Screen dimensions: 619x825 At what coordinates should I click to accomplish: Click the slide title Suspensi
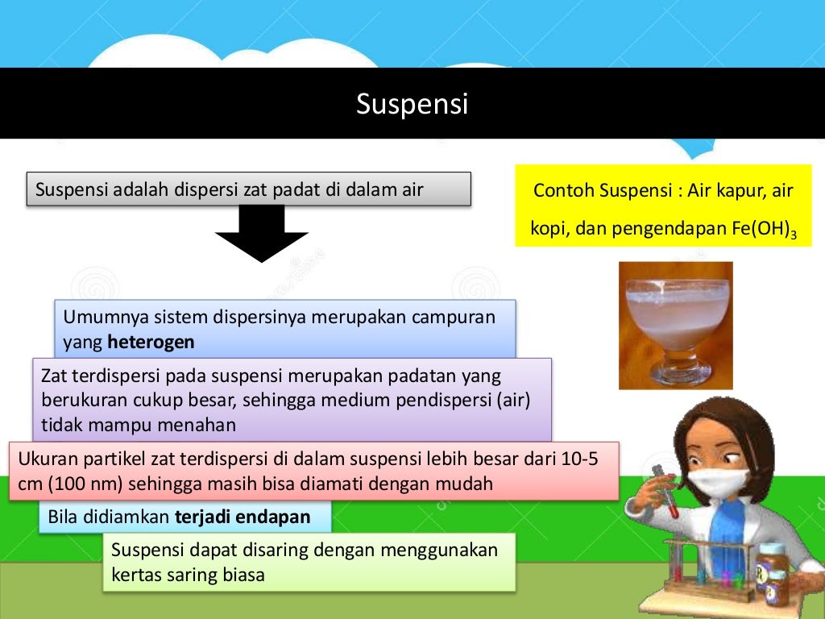point(412,104)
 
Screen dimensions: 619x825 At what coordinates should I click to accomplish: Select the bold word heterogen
point(151,342)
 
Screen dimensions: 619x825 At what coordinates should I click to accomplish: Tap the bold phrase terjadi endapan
point(243,517)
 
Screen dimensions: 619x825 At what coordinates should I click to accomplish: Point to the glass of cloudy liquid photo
point(675,324)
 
